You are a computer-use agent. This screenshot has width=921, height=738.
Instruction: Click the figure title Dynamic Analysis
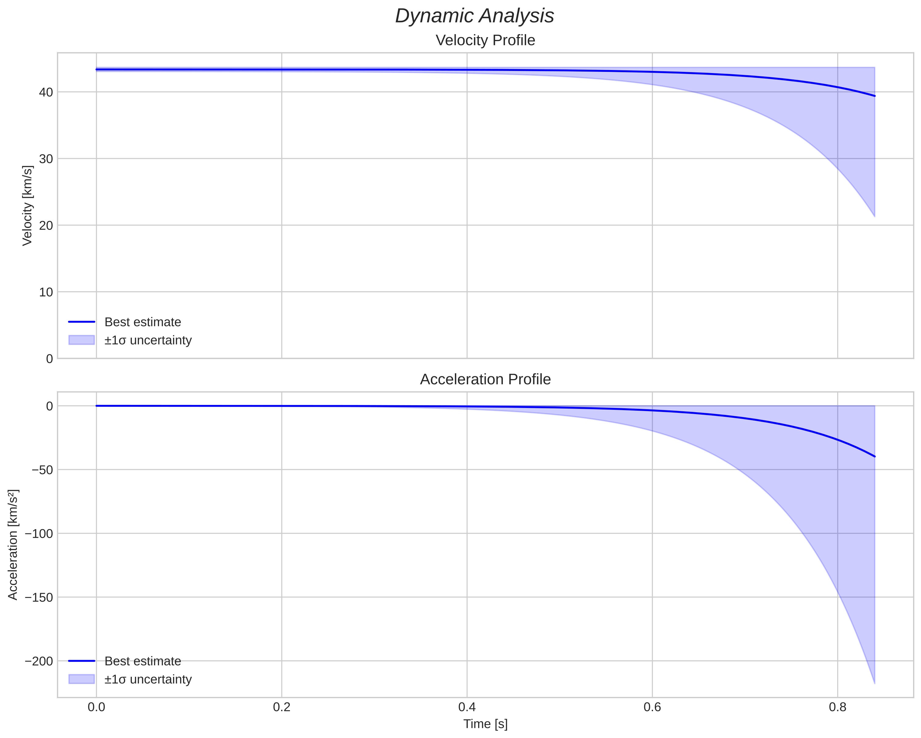point(475,16)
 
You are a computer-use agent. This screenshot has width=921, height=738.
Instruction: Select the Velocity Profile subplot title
point(485,40)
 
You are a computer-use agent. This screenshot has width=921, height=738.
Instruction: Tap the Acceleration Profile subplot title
point(485,379)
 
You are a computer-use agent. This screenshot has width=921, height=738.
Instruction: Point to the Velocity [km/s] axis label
point(27,206)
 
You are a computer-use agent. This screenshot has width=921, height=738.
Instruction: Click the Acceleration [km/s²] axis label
point(13,545)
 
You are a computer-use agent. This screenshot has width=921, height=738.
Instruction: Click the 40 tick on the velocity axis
point(46,92)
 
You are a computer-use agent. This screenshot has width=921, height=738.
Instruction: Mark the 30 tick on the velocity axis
point(46,159)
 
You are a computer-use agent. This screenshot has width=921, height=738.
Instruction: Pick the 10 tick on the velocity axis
point(46,292)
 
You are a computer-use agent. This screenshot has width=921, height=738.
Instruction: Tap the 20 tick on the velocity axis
point(46,226)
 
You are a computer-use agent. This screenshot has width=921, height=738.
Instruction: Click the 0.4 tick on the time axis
point(467,707)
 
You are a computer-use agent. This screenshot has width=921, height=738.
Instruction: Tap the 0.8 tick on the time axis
point(837,707)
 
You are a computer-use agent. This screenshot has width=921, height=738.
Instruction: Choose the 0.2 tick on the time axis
point(281,707)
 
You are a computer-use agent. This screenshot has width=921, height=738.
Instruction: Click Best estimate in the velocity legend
point(143,322)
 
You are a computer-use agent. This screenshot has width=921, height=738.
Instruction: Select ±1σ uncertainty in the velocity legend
point(148,340)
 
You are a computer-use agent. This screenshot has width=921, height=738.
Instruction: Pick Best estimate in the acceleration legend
point(143,661)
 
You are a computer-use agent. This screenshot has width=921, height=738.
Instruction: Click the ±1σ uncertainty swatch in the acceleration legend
point(82,679)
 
